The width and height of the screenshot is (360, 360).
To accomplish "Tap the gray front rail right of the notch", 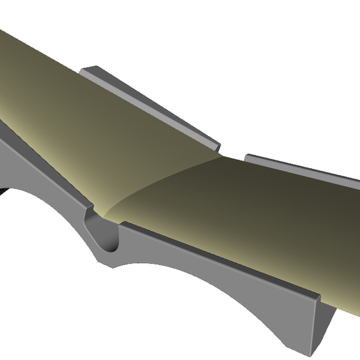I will pyautogui.click(x=209, y=262).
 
